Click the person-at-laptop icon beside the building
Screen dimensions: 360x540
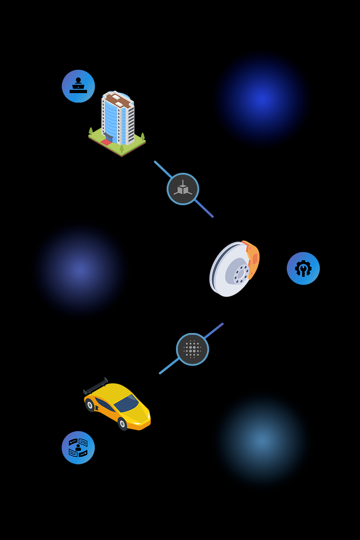[x=78, y=86]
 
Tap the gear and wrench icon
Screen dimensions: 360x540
[x=303, y=268]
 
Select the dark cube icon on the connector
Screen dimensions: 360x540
[x=183, y=189]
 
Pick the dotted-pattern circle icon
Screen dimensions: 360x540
[x=193, y=349]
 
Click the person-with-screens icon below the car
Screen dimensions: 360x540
[x=78, y=447]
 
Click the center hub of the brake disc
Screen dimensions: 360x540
[x=240, y=274]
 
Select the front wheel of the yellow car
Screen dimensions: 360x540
[x=122, y=423]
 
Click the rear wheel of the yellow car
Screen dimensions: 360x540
[x=90, y=405]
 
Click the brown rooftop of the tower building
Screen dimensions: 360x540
[x=118, y=100]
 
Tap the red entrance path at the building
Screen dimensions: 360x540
[x=106, y=142]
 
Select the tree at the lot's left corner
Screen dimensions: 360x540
[x=91, y=131]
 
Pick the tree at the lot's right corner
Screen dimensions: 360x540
[x=143, y=136]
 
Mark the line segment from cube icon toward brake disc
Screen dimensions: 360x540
[x=204, y=209]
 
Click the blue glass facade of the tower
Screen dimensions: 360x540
[x=111, y=119]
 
